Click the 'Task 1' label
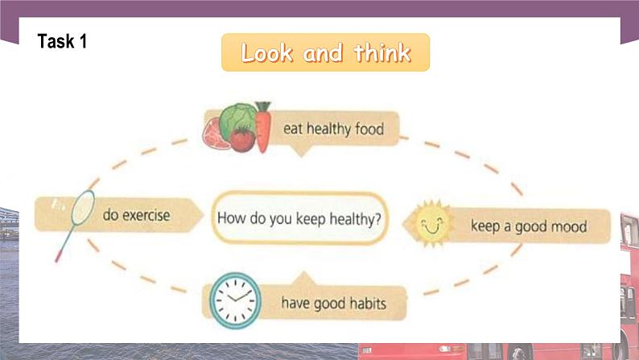tap(62, 41)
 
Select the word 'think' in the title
tap(381, 53)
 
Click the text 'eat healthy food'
tap(332, 128)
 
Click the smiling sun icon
tap(435, 223)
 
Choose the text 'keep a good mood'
tap(528, 226)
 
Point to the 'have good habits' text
tap(333, 304)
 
